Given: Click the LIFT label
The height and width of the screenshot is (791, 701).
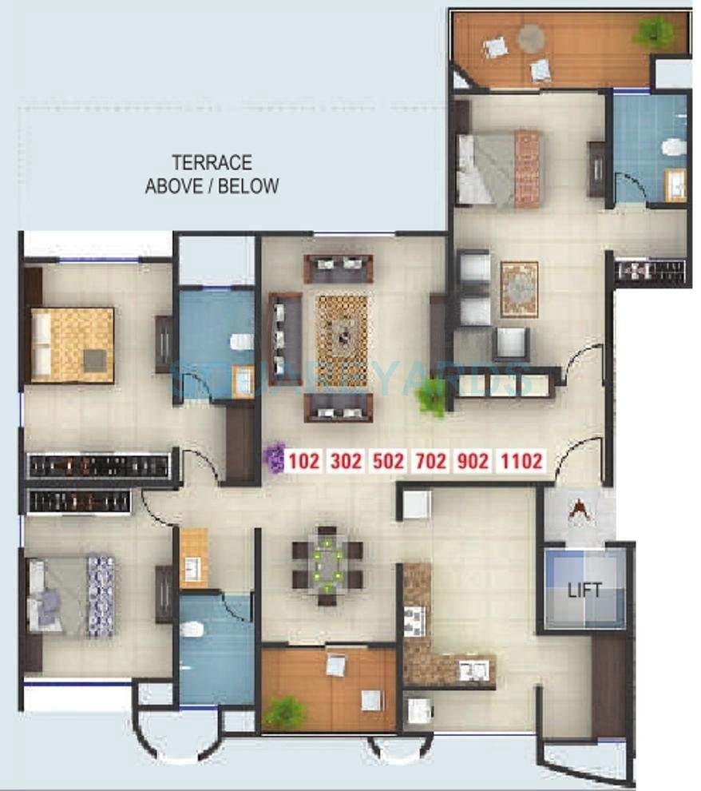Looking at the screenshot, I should click(x=584, y=591).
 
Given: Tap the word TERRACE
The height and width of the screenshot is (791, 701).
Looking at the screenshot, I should click(x=212, y=163).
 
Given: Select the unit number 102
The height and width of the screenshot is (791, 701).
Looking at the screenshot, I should click(x=303, y=461).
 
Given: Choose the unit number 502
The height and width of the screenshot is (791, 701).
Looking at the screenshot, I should click(x=390, y=461).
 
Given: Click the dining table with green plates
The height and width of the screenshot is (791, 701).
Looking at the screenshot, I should click(x=327, y=564).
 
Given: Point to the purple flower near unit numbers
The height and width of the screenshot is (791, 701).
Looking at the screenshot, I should click(x=275, y=458).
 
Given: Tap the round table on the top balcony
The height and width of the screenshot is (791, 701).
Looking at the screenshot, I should click(x=530, y=37).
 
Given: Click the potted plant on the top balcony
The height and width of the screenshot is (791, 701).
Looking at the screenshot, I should click(x=653, y=32).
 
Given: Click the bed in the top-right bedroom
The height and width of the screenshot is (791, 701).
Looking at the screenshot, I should click(x=498, y=169).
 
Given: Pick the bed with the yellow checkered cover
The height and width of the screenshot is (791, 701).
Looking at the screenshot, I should click(x=72, y=344).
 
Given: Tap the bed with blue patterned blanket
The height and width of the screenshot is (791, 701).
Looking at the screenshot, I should click(x=72, y=596).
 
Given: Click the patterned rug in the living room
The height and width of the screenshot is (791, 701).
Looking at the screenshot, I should click(x=342, y=329).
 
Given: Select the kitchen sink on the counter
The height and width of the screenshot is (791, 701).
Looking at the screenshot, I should click(x=472, y=670).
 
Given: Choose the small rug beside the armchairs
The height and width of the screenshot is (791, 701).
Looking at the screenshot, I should click(x=519, y=288).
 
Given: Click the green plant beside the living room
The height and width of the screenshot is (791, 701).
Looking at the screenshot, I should click(x=432, y=396).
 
